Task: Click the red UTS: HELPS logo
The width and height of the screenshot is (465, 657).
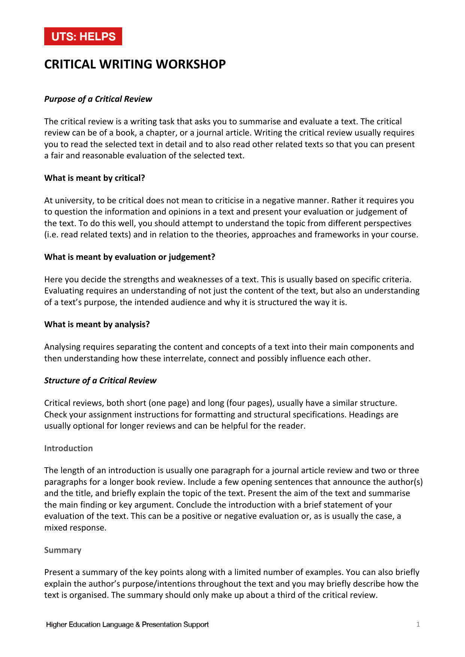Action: click(x=83, y=36)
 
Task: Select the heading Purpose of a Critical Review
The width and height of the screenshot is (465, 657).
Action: click(x=98, y=99)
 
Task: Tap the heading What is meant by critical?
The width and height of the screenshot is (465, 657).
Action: click(x=94, y=178)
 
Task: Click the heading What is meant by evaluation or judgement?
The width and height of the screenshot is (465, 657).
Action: click(x=130, y=257)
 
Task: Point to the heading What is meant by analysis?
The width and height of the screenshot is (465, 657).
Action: click(x=97, y=325)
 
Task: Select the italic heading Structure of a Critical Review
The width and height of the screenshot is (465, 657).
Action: click(x=100, y=381)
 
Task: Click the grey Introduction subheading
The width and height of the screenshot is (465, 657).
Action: click(x=68, y=448)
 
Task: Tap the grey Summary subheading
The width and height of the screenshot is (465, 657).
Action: click(x=63, y=550)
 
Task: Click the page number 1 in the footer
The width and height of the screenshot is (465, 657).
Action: click(x=418, y=624)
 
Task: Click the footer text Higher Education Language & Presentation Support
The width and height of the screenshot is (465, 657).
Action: click(x=127, y=624)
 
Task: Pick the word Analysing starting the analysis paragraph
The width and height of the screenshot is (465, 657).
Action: click(x=62, y=347)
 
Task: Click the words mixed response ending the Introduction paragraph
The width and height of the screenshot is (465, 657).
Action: click(x=75, y=528)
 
